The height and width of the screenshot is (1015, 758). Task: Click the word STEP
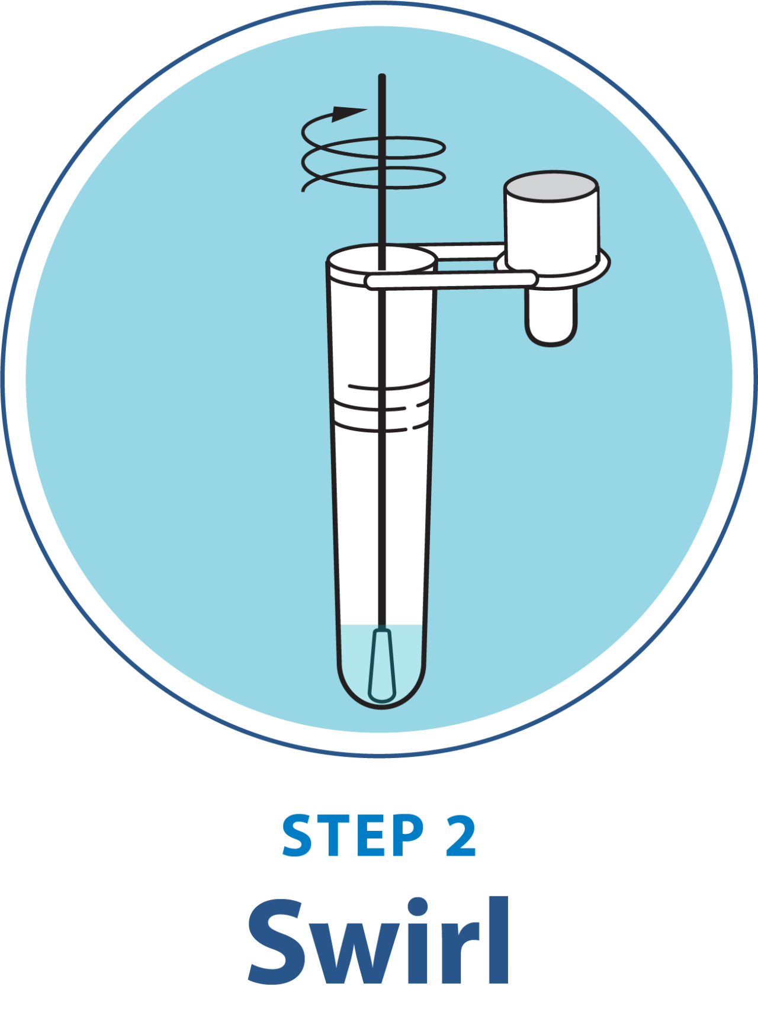(353, 835)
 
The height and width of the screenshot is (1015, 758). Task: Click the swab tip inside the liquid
(381, 666)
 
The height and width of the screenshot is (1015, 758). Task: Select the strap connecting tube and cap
(450, 280)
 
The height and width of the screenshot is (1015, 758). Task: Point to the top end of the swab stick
(382, 78)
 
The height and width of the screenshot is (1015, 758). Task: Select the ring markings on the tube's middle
(382, 406)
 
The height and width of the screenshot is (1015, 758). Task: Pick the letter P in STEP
(409, 835)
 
